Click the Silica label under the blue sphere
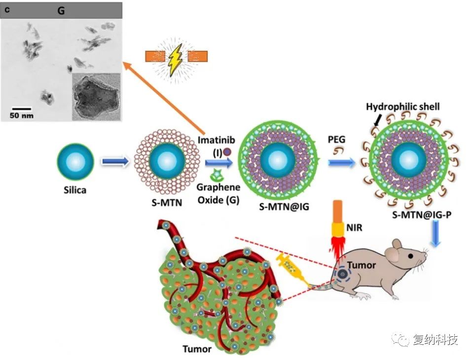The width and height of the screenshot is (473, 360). pos(74,190)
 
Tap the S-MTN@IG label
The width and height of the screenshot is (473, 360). pos(284,207)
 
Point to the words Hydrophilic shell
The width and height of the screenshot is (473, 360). pos(402,107)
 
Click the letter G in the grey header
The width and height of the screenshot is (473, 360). pos(61,10)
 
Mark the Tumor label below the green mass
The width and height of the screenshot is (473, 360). pos(197,349)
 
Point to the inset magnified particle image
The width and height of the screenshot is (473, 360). pos(96,96)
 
